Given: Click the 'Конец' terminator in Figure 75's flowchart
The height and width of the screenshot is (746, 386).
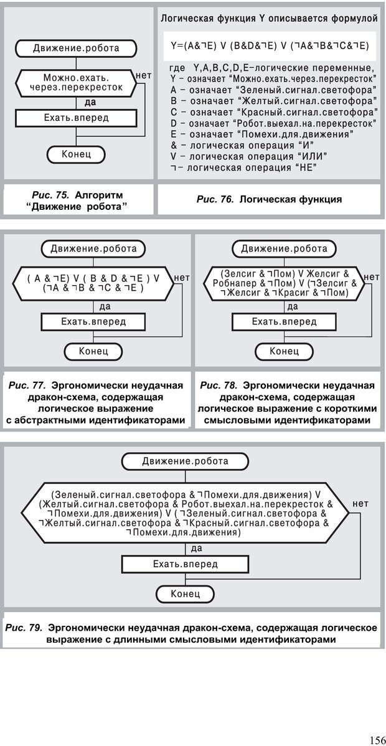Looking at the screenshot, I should pyautogui.click(x=77, y=154).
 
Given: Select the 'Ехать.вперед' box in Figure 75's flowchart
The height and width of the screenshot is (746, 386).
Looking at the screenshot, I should pyautogui.click(x=77, y=118).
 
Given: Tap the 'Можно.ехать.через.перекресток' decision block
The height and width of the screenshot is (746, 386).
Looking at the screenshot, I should pyautogui.click(x=77, y=83).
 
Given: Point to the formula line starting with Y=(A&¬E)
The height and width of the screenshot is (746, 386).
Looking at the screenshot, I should pyautogui.click(x=269, y=46).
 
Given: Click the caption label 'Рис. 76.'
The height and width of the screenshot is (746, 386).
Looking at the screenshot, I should pyautogui.click(x=214, y=199).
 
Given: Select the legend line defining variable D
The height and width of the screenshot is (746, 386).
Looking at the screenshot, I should pyautogui.click(x=272, y=123).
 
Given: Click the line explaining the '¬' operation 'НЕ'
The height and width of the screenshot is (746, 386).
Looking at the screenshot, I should pyautogui.click(x=243, y=168).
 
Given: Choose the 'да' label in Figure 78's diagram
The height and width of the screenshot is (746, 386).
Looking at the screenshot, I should pyautogui.click(x=293, y=306).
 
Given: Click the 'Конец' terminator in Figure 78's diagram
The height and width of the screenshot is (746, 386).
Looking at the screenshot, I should pyautogui.click(x=284, y=351).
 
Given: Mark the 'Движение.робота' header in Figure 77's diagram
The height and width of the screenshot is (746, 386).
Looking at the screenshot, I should pyautogui.click(x=93, y=248).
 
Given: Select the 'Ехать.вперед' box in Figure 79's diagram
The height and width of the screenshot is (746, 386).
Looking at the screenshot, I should pyautogui.click(x=186, y=564).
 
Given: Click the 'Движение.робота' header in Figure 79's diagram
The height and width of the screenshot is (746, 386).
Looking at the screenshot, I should pyautogui.click(x=185, y=461).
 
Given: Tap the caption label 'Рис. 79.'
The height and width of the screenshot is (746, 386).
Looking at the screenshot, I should pyautogui.click(x=24, y=628).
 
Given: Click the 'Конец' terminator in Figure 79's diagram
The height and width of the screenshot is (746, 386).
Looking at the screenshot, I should pyautogui.click(x=185, y=594).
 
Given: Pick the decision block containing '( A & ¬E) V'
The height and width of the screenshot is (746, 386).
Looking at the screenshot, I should pyautogui.click(x=93, y=283).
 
